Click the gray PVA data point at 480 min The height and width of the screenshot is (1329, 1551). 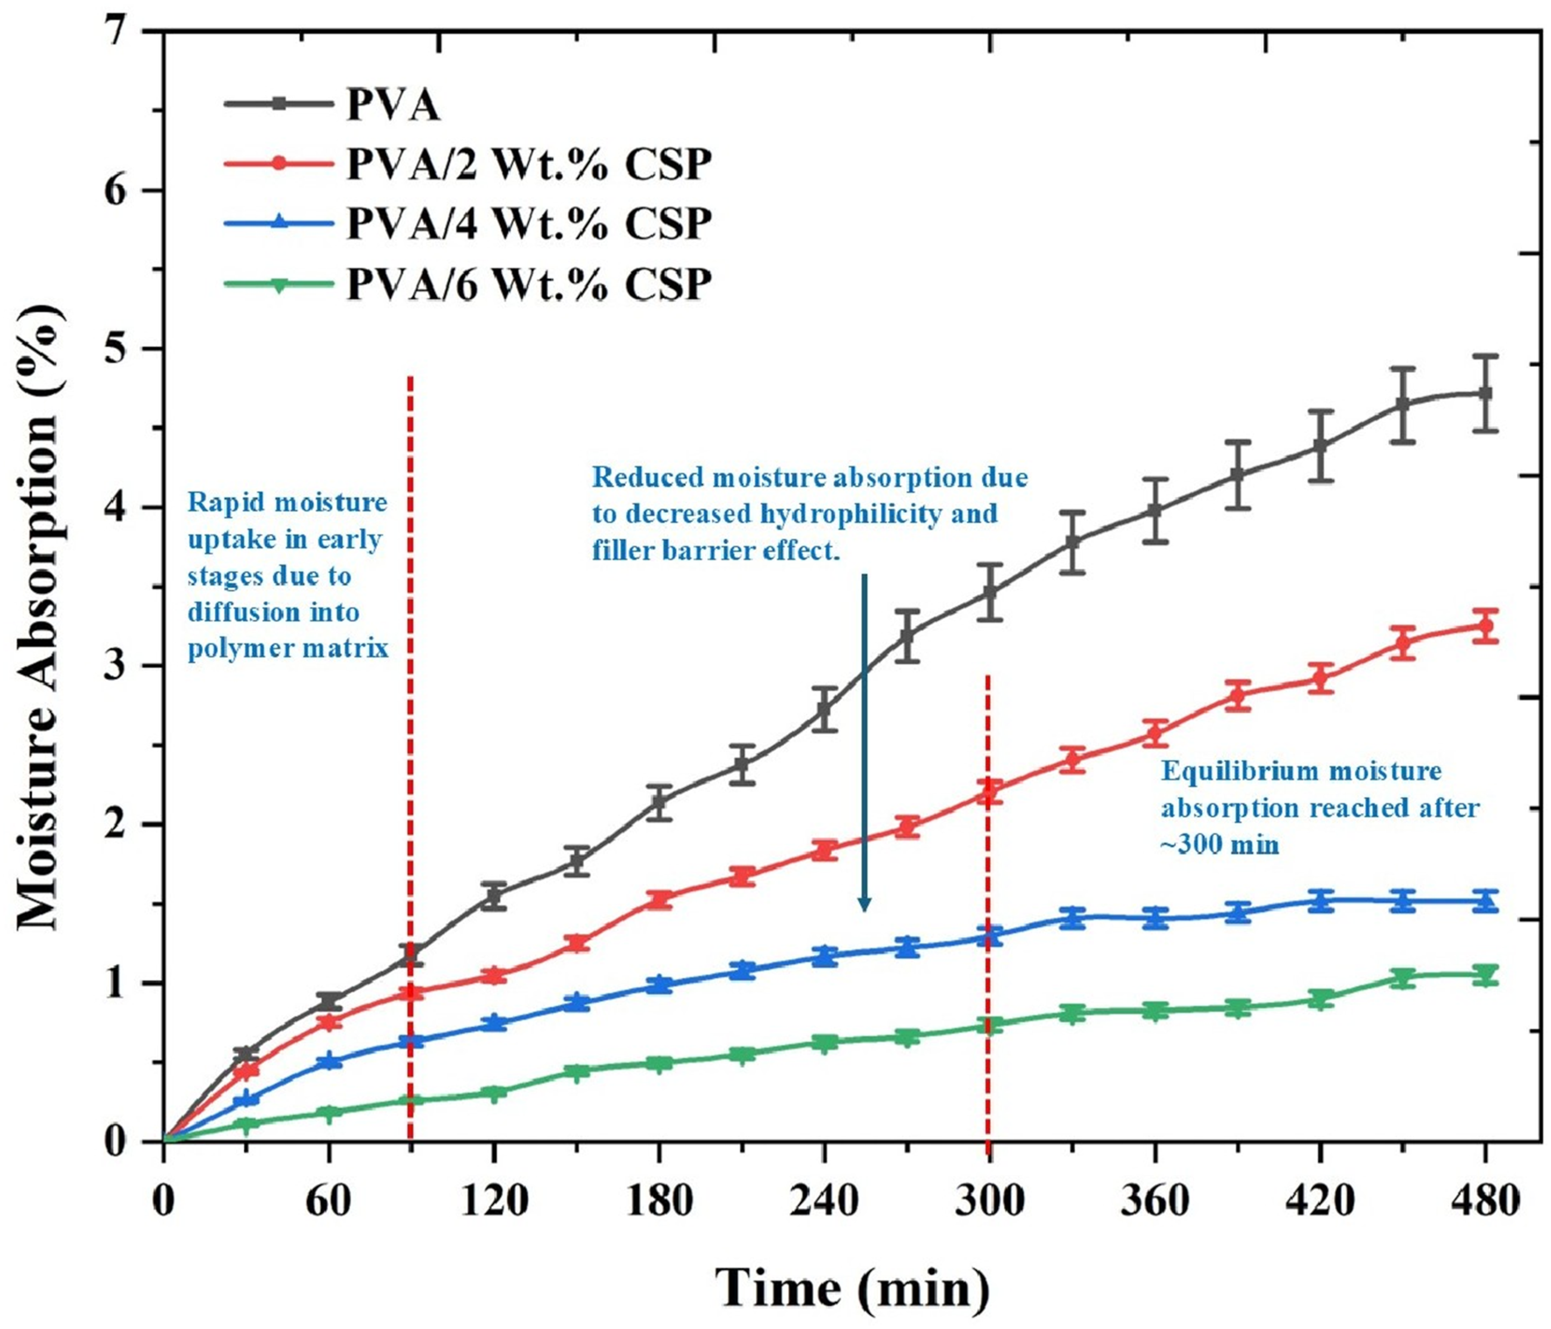pyautogui.click(x=1486, y=394)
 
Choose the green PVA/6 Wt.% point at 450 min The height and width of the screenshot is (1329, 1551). pyautogui.click(x=1404, y=977)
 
